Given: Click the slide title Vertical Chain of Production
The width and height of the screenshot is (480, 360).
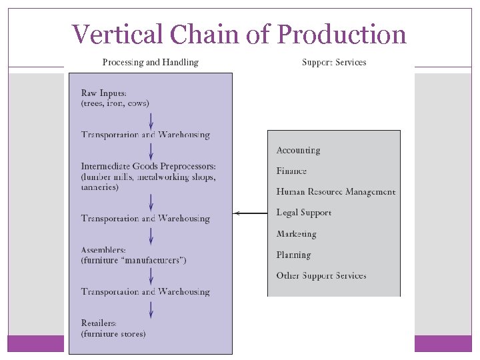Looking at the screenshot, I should point(239,34).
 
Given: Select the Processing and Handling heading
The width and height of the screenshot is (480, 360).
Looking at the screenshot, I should point(150,62).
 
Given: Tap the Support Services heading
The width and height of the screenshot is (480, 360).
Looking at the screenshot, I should point(334,62).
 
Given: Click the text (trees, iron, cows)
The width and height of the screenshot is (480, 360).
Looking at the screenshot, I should point(115,103).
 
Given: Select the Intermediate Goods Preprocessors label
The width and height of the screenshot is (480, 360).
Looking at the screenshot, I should point(148,166).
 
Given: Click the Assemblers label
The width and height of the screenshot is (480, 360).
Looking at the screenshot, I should point(103,250).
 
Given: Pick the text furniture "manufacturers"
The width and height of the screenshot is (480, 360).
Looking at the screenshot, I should point(133,260).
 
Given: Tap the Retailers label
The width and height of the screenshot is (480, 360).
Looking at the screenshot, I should point(99,323).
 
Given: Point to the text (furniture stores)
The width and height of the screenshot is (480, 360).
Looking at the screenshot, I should point(113,333).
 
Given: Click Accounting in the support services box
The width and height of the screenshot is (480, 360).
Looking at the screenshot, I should point(298,150).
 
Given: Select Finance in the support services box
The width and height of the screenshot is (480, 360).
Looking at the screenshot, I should point(291,171).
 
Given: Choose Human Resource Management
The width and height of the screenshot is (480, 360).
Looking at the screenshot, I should point(335,191).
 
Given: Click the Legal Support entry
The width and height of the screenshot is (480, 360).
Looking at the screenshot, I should point(303,213).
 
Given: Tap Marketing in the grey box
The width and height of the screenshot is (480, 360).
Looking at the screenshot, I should point(296,234).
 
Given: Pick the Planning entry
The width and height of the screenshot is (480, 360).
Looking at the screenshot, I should point(293,255).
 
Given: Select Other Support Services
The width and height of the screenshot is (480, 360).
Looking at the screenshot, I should point(321,275).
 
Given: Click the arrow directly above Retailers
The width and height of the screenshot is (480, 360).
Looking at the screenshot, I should point(151,309).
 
